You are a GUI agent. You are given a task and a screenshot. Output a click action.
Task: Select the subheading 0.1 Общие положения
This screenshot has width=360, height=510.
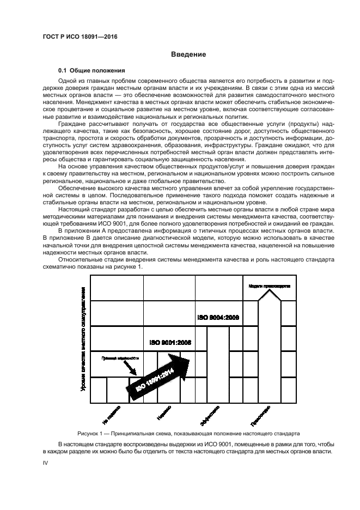pos(92,71)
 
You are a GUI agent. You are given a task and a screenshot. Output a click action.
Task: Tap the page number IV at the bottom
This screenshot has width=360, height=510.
pos(46,463)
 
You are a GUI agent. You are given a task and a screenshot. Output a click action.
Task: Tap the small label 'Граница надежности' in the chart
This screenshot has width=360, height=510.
pos(120,359)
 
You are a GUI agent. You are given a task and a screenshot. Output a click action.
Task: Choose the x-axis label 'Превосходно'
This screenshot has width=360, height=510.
pos(260,415)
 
